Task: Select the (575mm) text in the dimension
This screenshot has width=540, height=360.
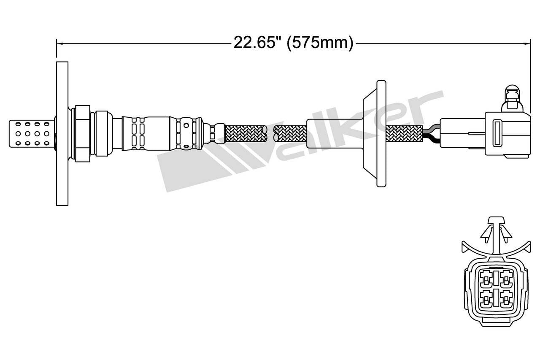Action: (320, 43)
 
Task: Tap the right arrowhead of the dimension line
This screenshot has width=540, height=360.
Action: (527, 43)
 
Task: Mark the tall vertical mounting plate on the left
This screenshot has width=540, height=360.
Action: (62, 133)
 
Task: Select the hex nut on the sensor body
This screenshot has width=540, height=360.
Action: (82, 133)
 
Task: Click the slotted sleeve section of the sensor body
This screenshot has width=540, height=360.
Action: (139, 133)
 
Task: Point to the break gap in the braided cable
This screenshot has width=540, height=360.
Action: (270, 133)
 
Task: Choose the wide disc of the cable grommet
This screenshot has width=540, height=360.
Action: (380, 133)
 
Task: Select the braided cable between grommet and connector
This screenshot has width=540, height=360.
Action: (404, 133)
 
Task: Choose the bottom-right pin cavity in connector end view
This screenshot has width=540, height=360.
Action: (506, 298)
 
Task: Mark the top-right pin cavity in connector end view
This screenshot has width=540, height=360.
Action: (506, 278)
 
